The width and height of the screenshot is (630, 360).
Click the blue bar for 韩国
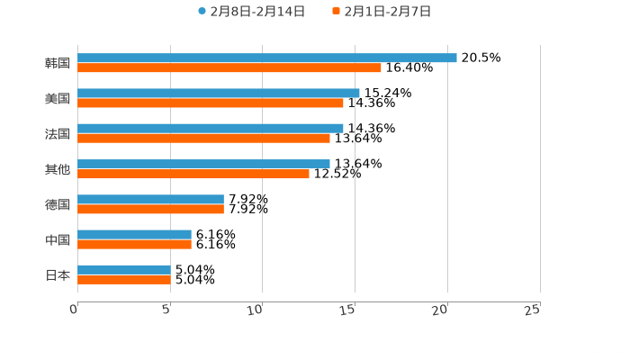[x=267, y=58]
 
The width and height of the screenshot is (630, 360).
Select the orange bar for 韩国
[x=229, y=67]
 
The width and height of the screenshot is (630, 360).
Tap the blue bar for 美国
[x=219, y=93]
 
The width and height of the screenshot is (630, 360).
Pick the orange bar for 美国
[x=211, y=103]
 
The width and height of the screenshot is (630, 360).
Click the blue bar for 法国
[x=211, y=128]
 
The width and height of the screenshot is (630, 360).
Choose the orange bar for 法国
[x=203, y=138]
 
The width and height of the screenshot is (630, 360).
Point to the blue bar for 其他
[x=203, y=164]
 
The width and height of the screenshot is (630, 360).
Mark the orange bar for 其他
[x=193, y=174]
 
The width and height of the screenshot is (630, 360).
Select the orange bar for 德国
[x=150, y=209]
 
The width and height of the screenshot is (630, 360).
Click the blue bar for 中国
[x=134, y=234]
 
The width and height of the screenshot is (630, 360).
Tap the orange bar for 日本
[x=124, y=280]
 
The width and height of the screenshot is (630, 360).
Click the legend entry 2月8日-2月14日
[x=252, y=12]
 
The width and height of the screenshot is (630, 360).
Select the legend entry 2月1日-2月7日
[x=382, y=12]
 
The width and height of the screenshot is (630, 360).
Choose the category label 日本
[x=58, y=275]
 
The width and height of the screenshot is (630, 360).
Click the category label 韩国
[x=58, y=63]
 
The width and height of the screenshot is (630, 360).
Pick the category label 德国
[x=58, y=204]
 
